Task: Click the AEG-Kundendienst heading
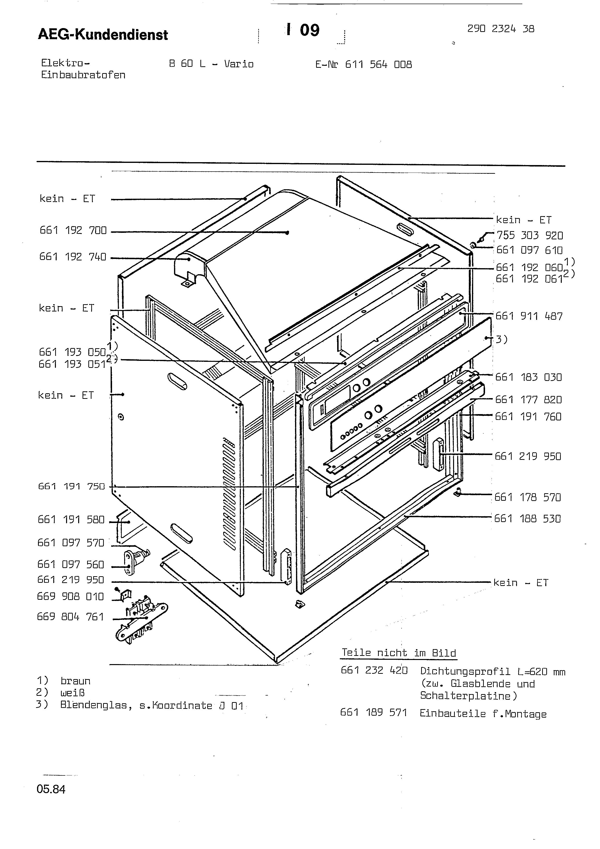pos(103,35)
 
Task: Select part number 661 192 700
pos(73,230)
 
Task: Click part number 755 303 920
pos(529,235)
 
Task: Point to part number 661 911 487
pos(529,316)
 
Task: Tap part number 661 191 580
pos(71,520)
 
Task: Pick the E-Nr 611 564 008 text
pos(363,65)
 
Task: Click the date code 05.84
pos(51,789)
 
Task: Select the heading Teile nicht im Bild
pos(399,653)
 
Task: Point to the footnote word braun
pos(76,681)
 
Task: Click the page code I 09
pos(303,30)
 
